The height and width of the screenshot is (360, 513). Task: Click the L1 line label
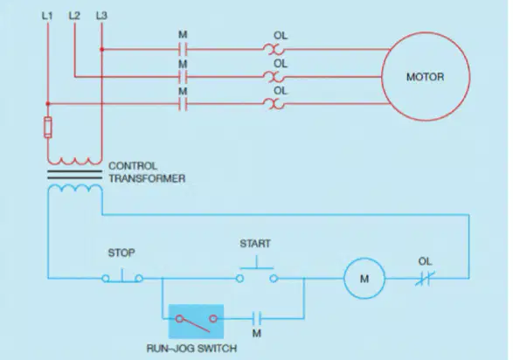[47, 16]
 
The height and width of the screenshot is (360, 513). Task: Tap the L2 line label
[74, 16]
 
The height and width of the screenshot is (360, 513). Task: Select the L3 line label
[101, 16]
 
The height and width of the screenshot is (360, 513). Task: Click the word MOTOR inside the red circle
[425, 77]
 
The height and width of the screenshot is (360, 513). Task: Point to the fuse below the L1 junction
[48, 127]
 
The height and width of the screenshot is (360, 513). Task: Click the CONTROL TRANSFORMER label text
[147, 172]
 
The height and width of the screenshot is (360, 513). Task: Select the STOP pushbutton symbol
[122, 277]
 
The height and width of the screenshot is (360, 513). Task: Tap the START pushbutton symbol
[257, 272]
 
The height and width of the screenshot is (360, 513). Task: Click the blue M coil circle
[364, 279]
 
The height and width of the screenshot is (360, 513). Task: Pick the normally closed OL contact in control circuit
[425, 279]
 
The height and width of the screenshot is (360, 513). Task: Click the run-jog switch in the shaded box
[196, 322]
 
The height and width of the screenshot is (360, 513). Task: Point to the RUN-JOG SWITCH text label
[191, 349]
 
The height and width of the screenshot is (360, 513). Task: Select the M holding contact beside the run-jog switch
[257, 318]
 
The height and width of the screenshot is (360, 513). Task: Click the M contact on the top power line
[183, 50]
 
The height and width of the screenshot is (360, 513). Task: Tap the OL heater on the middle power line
[274, 77]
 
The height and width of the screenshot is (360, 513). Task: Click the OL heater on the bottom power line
[274, 104]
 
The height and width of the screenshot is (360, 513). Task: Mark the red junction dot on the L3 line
[101, 50]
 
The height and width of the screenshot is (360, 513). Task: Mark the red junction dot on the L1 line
[48, 104]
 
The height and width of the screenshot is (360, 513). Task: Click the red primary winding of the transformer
[74, 162]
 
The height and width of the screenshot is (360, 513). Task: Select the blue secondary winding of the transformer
[75, 187]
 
